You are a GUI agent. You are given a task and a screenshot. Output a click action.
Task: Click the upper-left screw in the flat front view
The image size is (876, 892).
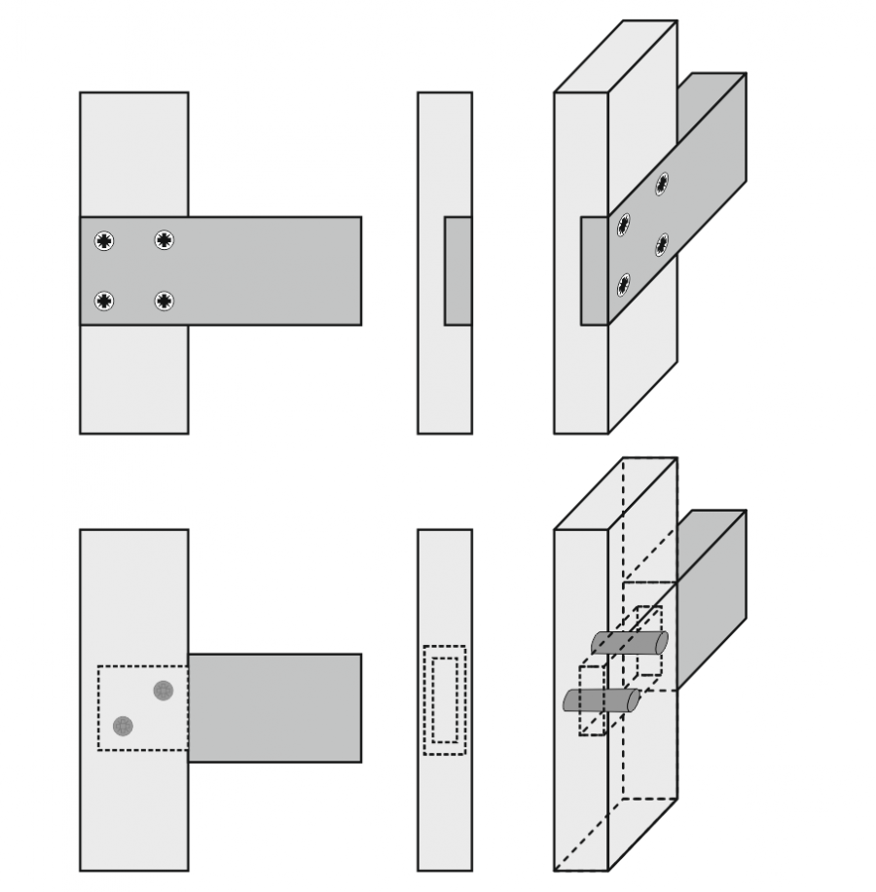coord(104,240)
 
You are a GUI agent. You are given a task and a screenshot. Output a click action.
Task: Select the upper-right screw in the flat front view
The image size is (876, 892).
coord(164,240)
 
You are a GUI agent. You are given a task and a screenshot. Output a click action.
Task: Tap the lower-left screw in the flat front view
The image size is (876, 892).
coord(104,302)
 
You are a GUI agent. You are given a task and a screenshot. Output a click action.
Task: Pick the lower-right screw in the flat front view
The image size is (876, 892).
coord(164,302)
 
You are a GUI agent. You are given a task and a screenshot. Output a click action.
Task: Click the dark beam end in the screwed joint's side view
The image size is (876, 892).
coord(457,270)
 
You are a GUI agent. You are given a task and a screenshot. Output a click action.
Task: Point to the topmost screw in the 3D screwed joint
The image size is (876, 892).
coord(662,183)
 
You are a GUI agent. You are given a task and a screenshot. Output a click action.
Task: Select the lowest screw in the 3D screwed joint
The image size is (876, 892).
coord(623,285)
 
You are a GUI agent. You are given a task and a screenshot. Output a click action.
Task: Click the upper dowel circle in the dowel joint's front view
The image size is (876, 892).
coord(163,691)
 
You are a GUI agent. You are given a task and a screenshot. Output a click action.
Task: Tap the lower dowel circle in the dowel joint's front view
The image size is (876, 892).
coord(123,726)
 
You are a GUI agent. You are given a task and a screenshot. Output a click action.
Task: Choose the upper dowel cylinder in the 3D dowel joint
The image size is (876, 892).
coord(629,643)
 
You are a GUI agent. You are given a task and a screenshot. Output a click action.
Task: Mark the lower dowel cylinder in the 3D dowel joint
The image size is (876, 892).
coord(601,700)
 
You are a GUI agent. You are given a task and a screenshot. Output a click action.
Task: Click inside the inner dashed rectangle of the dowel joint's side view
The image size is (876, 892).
coord(445,700)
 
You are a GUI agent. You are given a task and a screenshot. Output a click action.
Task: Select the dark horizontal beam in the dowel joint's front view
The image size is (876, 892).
coord(274,707)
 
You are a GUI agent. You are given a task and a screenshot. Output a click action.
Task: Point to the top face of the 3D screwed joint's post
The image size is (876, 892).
coord(615,56)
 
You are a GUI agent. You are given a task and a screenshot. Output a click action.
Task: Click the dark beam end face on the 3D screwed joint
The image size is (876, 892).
coord(594,270)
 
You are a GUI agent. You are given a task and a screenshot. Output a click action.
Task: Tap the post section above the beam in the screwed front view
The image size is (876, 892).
coord(133,154)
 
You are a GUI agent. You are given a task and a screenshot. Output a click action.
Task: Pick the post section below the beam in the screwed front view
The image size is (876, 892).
coord(133,379)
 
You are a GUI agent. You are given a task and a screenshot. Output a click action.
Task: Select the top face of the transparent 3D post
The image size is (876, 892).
coord(615,494)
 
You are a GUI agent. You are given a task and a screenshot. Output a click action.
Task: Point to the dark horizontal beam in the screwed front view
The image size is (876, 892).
coord(273,270)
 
